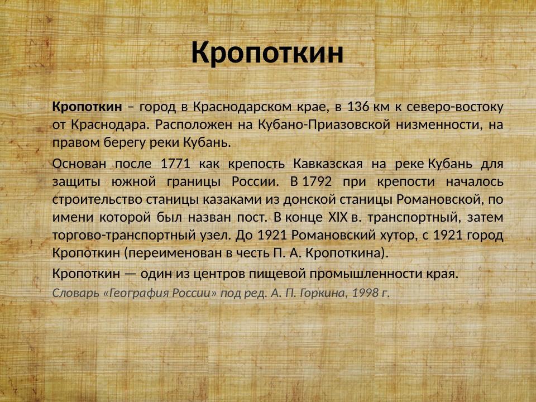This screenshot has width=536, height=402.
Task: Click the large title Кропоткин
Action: coord(267,53)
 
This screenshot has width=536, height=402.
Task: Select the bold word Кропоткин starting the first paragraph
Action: coord(87,106)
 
